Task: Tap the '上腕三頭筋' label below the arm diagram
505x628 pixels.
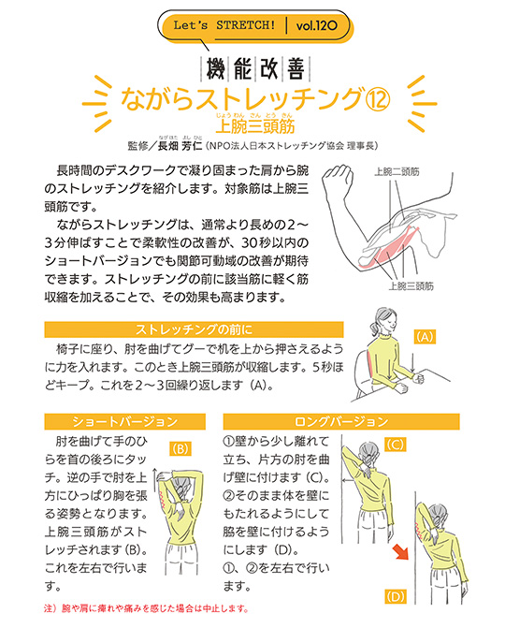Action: point(411,285)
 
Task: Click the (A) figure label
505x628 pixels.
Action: point(426,334)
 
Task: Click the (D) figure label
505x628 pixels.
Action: point(395,595)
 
